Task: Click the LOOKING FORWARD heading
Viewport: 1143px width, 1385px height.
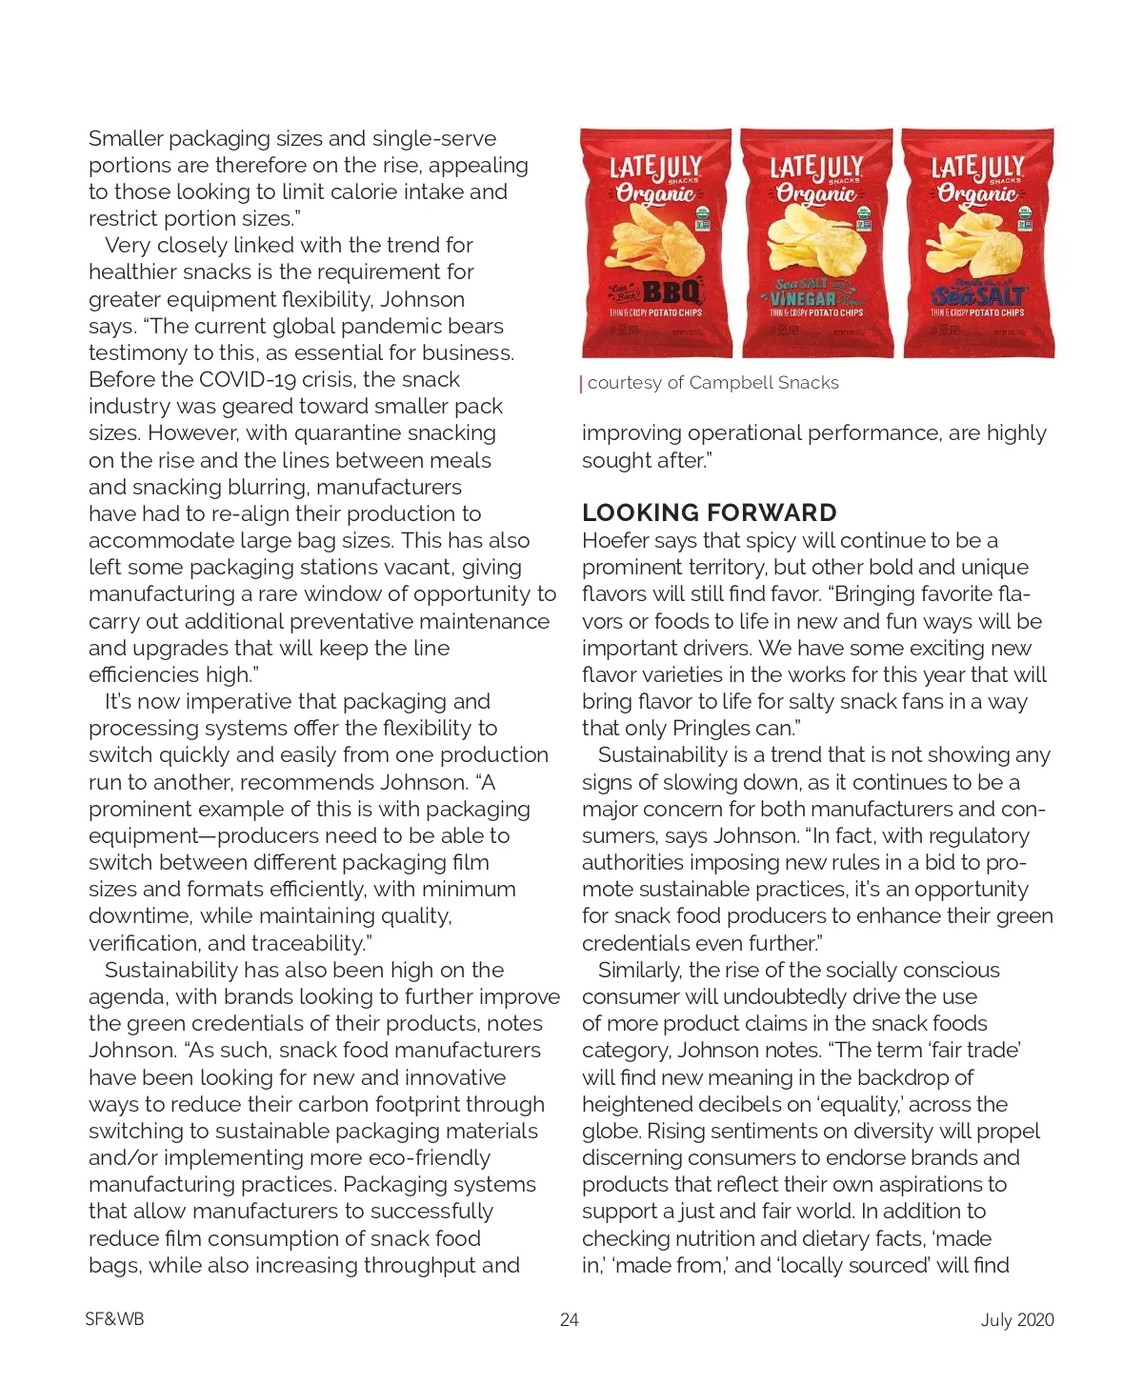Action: (x=709, y=512)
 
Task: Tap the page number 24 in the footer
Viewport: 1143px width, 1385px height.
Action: (x=570, y=1319)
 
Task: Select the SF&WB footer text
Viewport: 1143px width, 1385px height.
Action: (x=114, y=1319)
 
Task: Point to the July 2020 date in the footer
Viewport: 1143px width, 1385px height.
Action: (x=1017, y=1319)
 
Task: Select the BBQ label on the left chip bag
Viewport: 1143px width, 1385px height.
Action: (x=672, y=291)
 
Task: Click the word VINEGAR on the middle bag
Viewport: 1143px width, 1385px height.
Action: (x=803, y=299)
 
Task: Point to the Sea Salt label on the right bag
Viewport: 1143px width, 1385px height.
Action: (x=978, y=296)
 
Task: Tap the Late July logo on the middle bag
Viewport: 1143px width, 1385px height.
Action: (x=816, y=169)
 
